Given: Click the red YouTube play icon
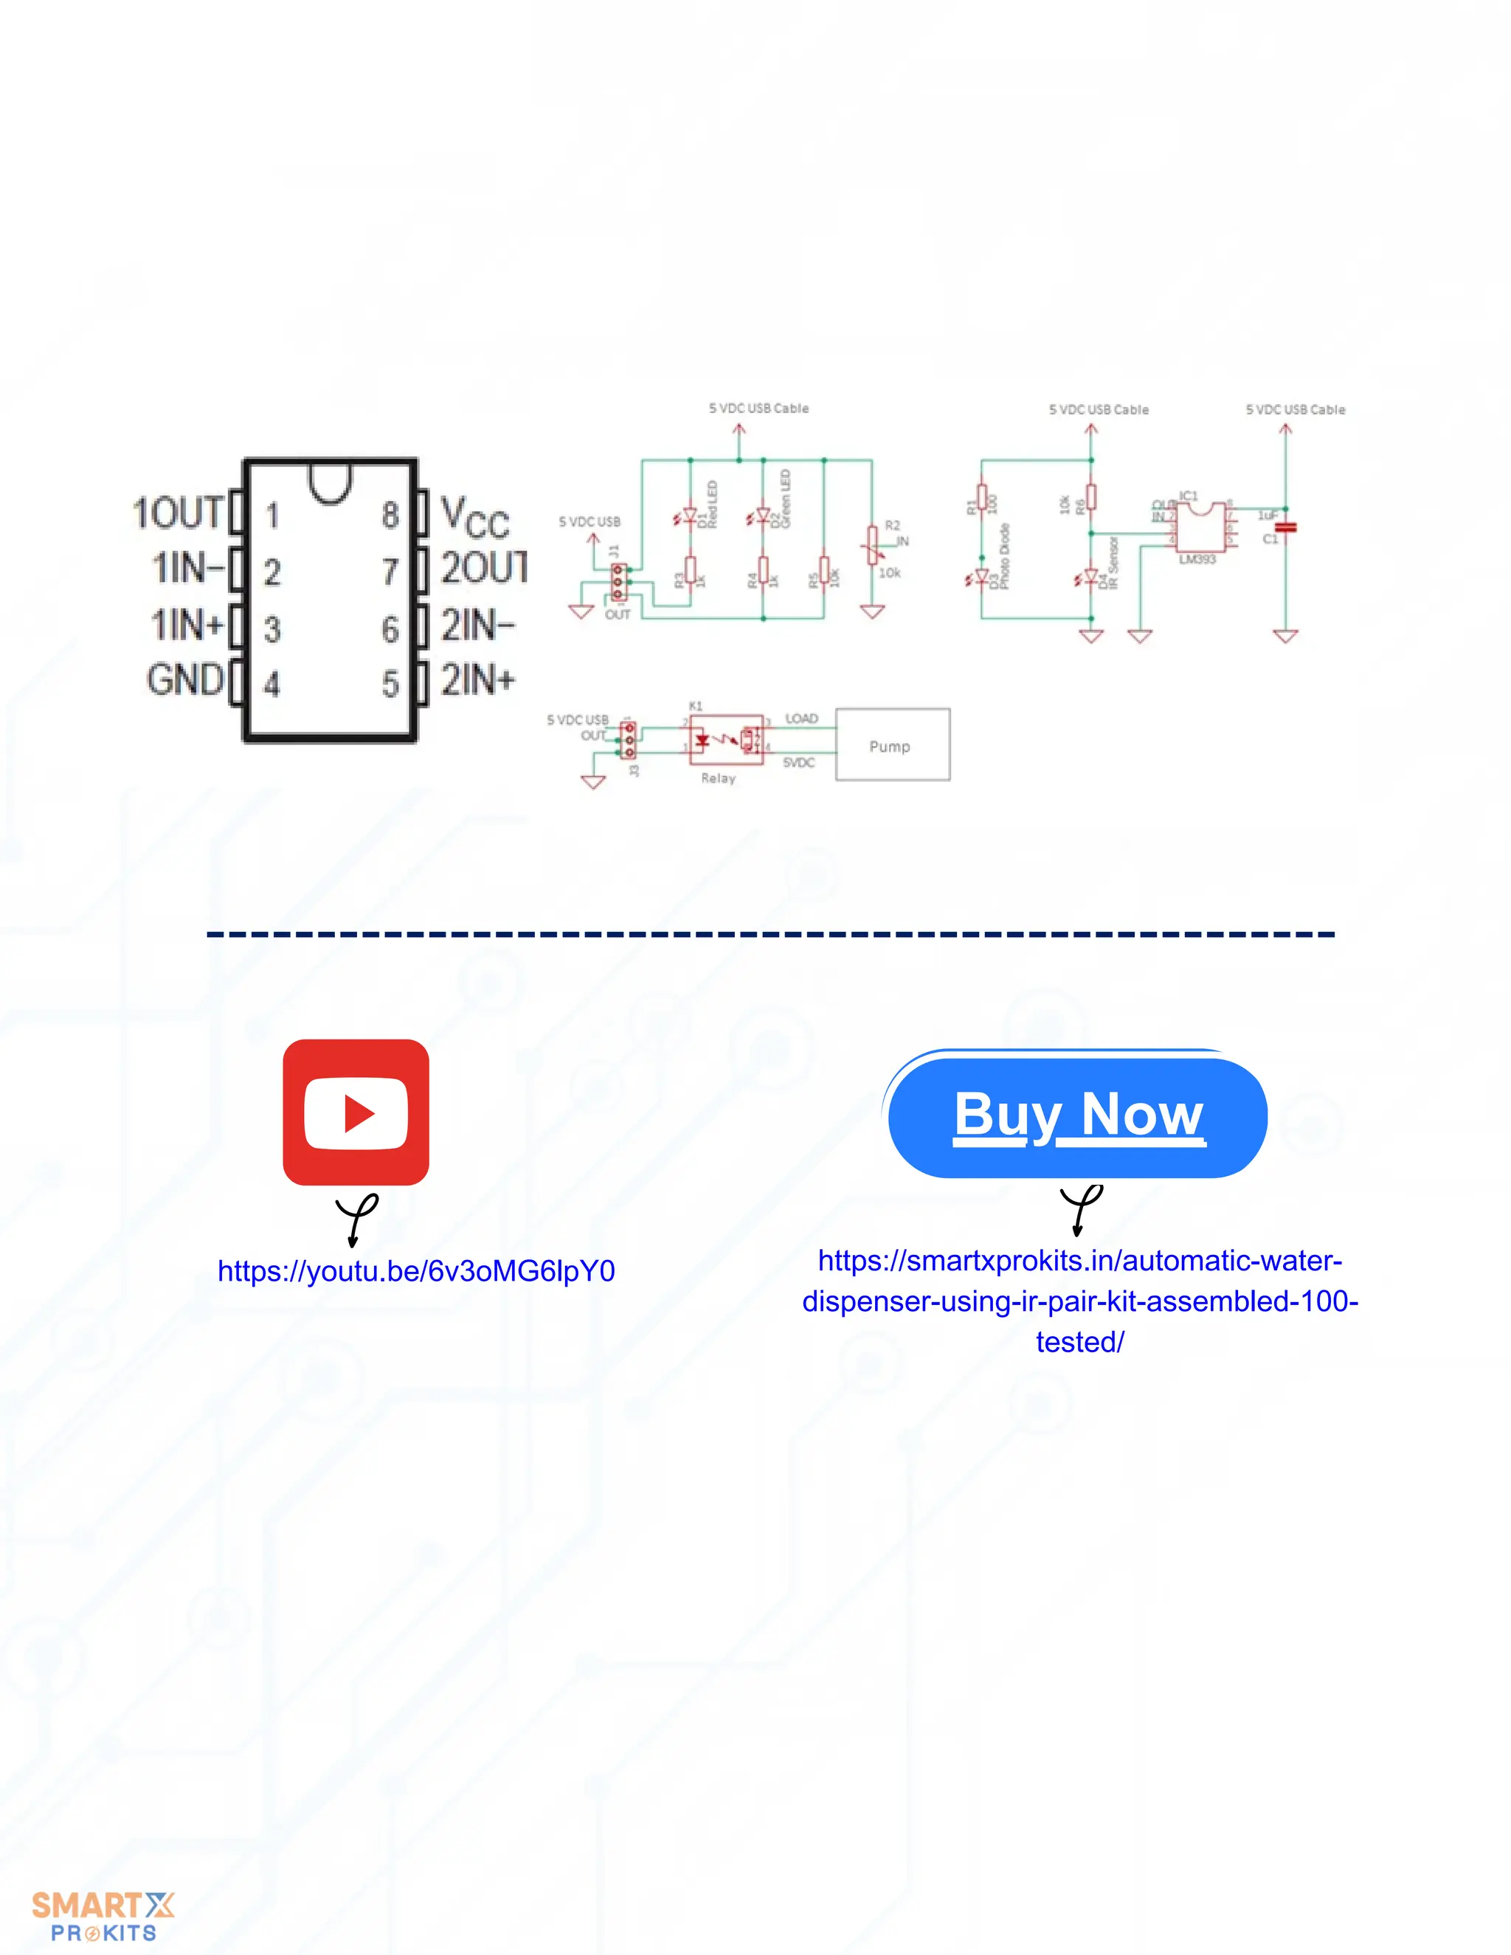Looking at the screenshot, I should tap(356, 1112).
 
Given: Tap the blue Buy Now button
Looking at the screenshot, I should tap(1078, 1116).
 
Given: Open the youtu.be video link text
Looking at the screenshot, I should tap(416, 1271).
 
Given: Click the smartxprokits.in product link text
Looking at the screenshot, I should tap(1079, 1301).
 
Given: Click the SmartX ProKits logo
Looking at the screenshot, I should tap(103, 1917).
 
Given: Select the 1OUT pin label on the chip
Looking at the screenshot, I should tap(177, 513).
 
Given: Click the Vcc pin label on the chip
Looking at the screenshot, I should tap(474, 516).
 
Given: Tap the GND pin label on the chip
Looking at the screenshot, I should tap(184, 680).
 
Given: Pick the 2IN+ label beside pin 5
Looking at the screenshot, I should tap(478, 680).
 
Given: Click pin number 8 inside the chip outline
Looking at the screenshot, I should tap(390, 515).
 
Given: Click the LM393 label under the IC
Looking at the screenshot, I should tap(1197, 559).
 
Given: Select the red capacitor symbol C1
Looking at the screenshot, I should tap(1285, 527).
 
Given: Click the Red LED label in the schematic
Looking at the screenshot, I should tap(713, 504).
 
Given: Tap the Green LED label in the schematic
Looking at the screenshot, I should tap(785, 499).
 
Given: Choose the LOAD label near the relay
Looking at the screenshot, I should tap(801, 719).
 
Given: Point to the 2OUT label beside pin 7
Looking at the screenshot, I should tap(483, 567).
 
